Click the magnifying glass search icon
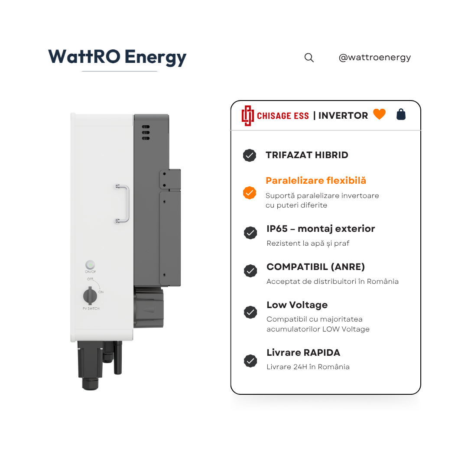[309, 58]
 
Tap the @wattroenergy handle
[374, 57]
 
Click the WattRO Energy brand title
[117, 57]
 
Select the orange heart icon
[379, 114]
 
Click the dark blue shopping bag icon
[401, 114]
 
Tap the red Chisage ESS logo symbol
[247, 116]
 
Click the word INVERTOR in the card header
[343, 116]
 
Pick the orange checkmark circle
[250, 192]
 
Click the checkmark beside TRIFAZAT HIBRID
[250, 155]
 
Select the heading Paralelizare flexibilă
[316, 181]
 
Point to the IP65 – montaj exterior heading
[321, 229]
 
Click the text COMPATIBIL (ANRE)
[316, 267]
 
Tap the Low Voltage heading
[297, 305]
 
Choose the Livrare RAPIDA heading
[303, 352]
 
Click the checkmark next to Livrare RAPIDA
[250, 361]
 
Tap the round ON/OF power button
[90, 265]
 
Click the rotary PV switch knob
[90, 296]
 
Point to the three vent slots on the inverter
[146, 133]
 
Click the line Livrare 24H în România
[308, 367]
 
